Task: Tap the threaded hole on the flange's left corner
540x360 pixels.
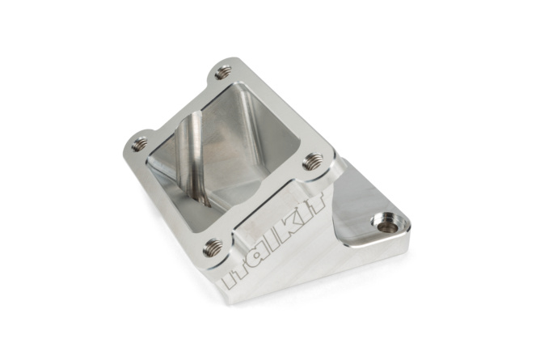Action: [x=140, y=144]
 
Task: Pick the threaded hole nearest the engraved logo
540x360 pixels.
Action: [x=213, y=246]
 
